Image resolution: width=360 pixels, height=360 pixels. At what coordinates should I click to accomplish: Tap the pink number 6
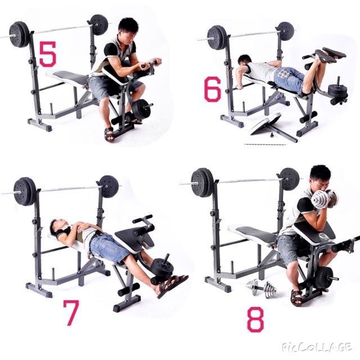(213, 90)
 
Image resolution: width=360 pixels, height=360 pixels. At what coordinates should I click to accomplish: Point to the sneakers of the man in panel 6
(332, 55)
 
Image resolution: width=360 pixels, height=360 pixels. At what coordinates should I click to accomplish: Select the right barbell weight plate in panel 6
(285, 31)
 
